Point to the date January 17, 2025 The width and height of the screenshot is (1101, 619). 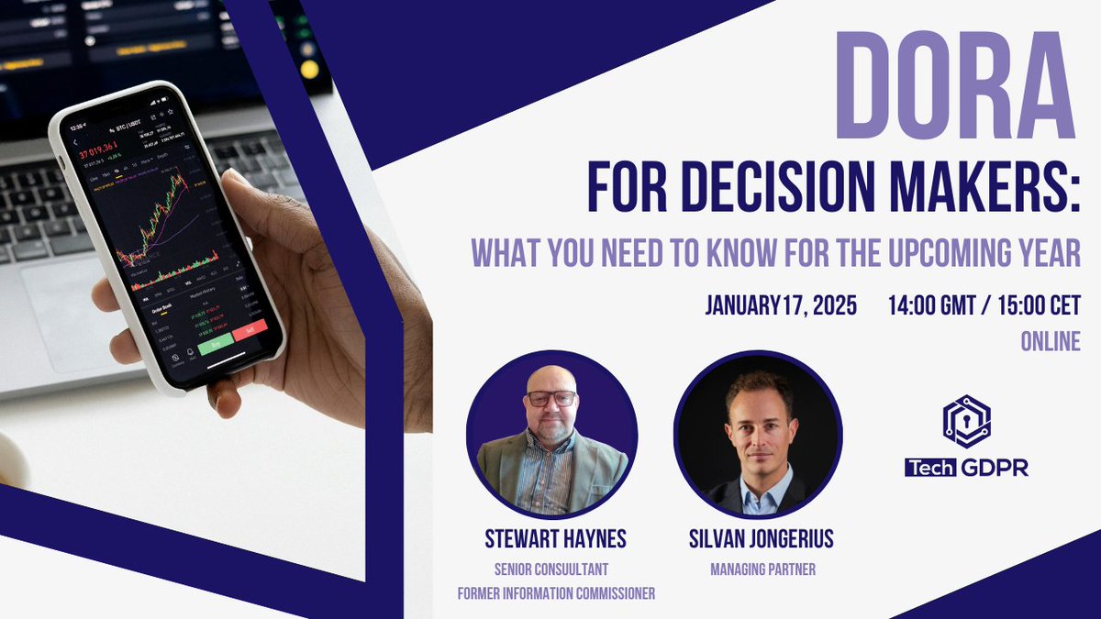coord(781,305)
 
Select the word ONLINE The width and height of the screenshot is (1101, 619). coord(1051,341)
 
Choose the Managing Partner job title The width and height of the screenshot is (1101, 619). coord(762,569)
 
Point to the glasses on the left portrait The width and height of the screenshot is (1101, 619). coord(551,399)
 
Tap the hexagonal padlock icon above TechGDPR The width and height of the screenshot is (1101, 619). coord(966,421)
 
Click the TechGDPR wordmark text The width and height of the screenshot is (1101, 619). coord(966,468)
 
